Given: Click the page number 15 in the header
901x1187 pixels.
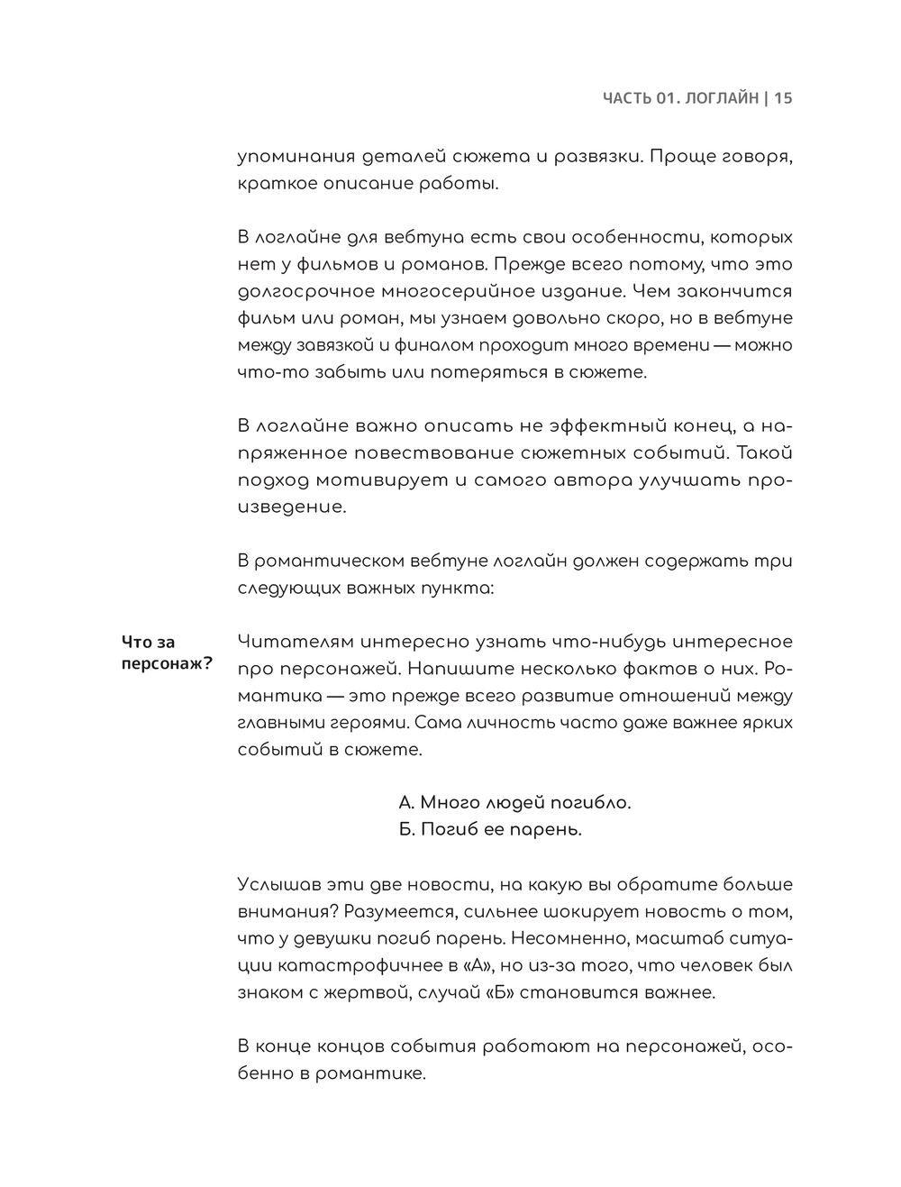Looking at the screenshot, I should (783, 98).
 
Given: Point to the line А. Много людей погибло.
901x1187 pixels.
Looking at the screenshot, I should (514, 802).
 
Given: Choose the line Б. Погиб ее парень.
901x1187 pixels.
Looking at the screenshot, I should (490, 829).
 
